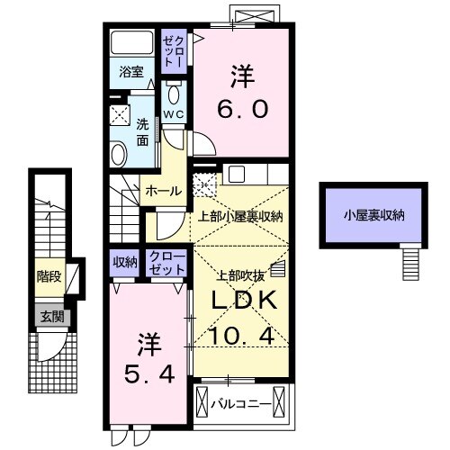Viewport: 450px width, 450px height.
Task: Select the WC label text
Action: pyautogui.click(x=174, y=115)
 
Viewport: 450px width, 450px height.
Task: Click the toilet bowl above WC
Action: pyautogui.click(x=175, y=94)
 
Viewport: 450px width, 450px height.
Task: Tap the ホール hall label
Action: pyautogui.click(x=163, y=191)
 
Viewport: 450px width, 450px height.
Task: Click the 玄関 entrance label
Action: pyautogui.click(x=50, y=316)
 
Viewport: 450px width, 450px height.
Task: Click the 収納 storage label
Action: pyautogui.click(x=125, y=263)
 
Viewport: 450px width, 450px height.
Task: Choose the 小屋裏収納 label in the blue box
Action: pyautogui.click(x=372, y=215)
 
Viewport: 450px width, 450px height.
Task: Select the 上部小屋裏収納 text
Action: pyautogui.click(x=240, y=216)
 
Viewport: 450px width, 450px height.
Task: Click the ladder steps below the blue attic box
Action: pyautogui.click(x=411, y=263)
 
